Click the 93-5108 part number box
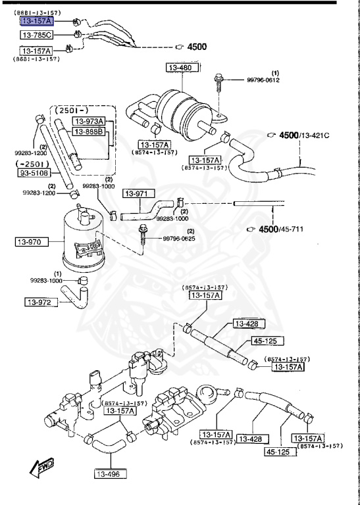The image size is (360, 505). coord(33,174)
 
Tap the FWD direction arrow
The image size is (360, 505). coord(40,468)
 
